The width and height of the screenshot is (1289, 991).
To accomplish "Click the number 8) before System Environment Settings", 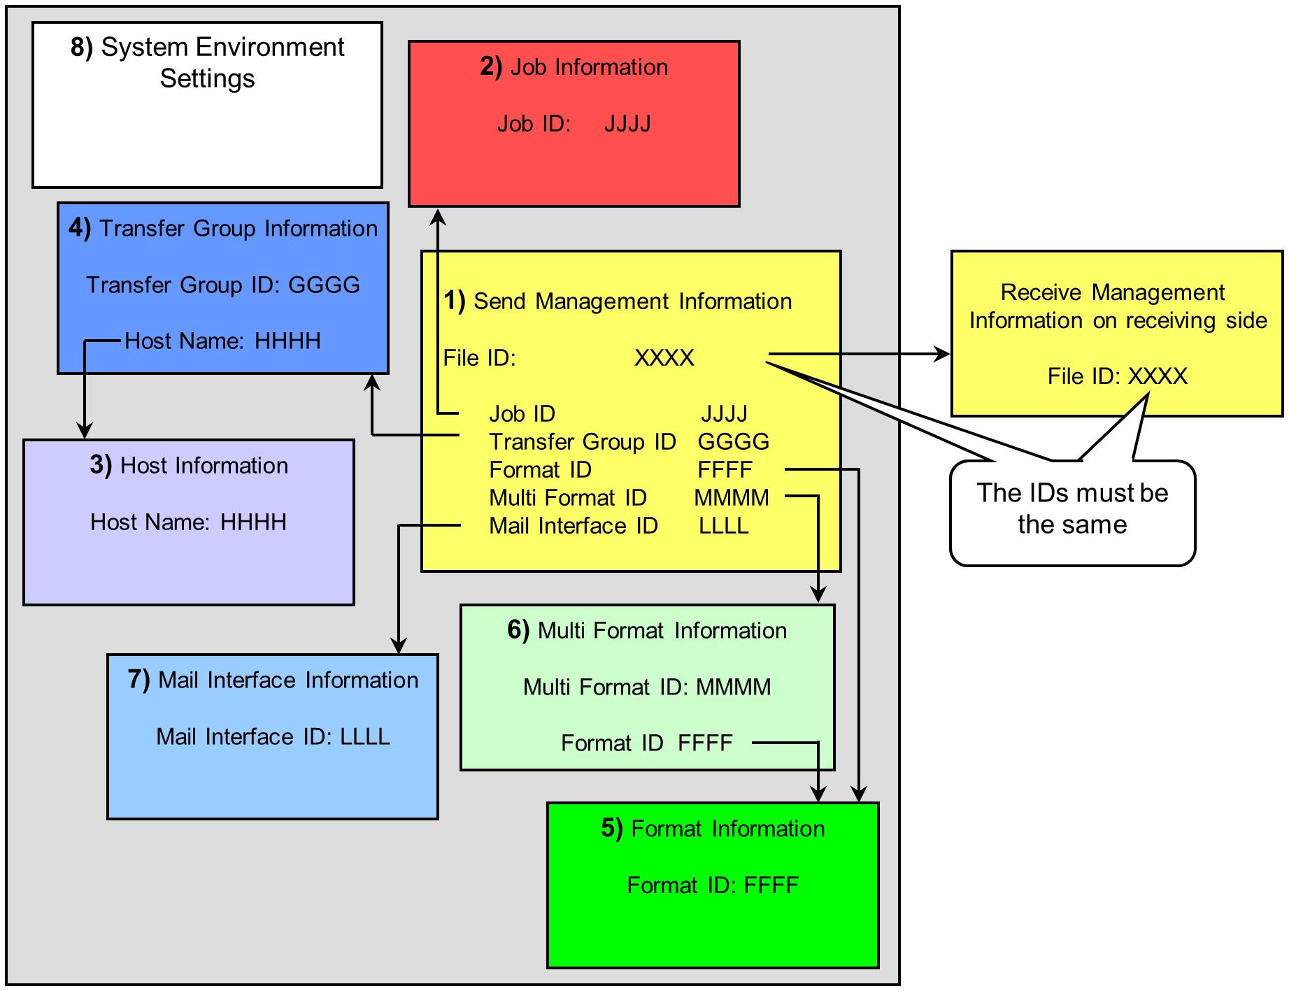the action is pyautogui.click(x=81, y=48).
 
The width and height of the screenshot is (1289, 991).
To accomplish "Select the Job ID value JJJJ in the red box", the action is pyautogui.click(x=627, y=124).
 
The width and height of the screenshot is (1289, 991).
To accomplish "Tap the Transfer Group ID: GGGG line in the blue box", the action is pyautogui.click(x=223, y=285).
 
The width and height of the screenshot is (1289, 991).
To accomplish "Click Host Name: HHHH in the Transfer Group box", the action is pyautogui.click(x=222, y=341).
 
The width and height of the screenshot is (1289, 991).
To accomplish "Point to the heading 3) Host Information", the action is pyautogui.click(x=189, y=465).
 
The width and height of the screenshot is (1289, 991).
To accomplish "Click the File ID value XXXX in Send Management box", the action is pyautogui.click(x=664, y=357).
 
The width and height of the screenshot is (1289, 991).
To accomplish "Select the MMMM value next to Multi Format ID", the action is pyautogui.click(x=732, y=497).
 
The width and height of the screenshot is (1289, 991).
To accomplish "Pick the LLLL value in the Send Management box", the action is pyautogui.click(x=724, y=525).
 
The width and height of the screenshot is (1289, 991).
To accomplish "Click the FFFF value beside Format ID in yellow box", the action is pyautogui.click(x=725, y=469).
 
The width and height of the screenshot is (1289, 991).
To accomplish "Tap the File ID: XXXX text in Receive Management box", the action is pyautogui.click(x=1117, y=376).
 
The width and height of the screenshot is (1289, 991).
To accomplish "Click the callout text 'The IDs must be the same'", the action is pyautogui.click(x=1072, y=508).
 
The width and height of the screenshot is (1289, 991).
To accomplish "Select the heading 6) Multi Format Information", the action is pyautogui.click(x=647, y=630).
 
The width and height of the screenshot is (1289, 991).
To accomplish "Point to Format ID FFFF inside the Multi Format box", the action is pyautogui.click(x=647, y=742).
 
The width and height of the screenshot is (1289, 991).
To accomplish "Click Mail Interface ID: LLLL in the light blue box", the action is pyautogui.click(x=273, y=736).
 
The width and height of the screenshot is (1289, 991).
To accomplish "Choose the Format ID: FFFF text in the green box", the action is pyautogui.click(x=713, y=885).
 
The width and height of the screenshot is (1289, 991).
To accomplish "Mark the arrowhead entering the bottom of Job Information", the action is pyautogui.click(x=438, y=216).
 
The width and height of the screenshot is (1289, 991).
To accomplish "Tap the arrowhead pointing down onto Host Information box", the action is pyautogui.click(x=85, y=430).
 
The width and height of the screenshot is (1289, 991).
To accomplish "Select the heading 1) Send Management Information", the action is pyautogui.click(x=618, y=301).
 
